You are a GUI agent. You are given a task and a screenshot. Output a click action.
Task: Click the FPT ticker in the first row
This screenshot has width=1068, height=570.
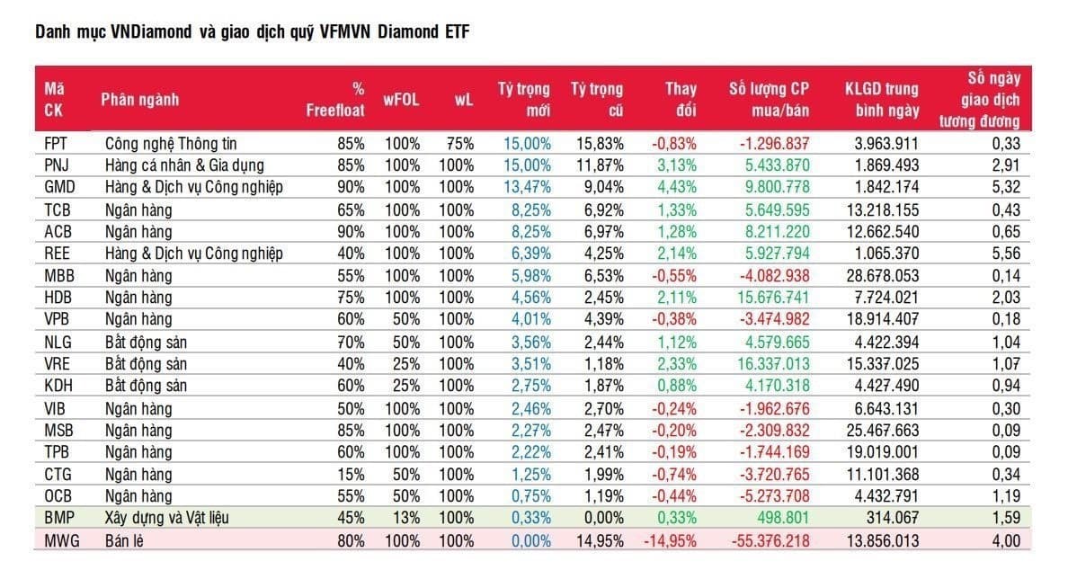tap(56, 143)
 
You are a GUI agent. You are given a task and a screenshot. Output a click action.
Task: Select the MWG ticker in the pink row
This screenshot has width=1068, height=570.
tap(59, 540)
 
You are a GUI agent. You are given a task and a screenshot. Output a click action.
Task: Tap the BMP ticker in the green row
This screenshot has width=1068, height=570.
tap(58, 517)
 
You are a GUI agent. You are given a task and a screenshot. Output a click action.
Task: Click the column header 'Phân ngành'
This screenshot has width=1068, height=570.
tap(139, 100)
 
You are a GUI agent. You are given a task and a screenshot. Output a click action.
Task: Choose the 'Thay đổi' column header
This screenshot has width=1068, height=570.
tap(681, 100)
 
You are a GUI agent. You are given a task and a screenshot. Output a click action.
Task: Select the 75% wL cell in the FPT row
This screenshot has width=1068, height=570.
tap(460, 143)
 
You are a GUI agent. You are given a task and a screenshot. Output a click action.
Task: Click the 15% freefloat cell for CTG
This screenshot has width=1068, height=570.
tap(351, 474)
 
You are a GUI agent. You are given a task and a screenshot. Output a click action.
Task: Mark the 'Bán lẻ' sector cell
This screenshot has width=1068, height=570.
tap(127, 540)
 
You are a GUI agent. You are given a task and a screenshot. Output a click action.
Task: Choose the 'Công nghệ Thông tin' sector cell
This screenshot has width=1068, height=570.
tap(171, 143)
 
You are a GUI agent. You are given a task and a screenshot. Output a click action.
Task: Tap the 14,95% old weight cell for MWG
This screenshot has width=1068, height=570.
tap(599, 540)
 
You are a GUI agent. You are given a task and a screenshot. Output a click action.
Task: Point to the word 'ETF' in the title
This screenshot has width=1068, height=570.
tap(456, 32)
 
